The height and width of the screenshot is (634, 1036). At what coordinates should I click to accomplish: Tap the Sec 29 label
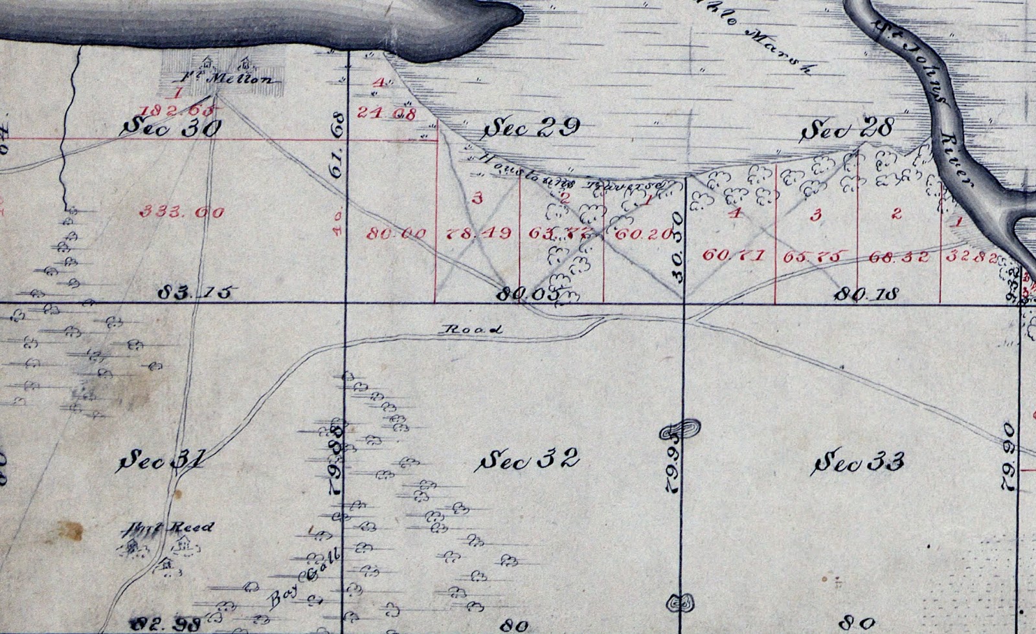(x=531, y=128)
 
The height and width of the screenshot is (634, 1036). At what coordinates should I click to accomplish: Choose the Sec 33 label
(x=859, y=463)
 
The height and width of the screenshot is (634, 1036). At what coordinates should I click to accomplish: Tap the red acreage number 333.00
(x=182, y=211)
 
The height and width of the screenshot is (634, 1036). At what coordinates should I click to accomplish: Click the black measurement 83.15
(x=195, y=293)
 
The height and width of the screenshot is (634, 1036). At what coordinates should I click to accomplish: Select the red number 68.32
(x=899, y=256)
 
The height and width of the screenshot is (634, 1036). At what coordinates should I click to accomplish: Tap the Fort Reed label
(x=170, y=527)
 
